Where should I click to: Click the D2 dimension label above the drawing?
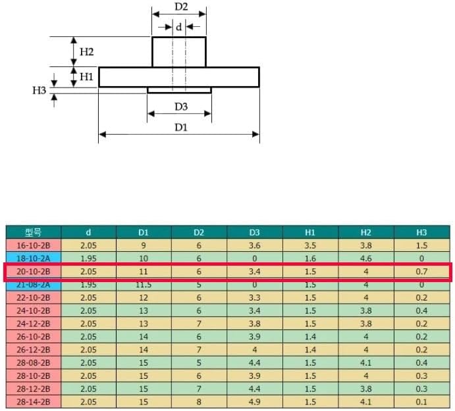(181, 7)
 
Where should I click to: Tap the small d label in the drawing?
(178, 27)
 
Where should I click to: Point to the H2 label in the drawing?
(86, 52)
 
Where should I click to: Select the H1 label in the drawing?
(86, 77)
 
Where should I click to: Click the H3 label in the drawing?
(39, 91)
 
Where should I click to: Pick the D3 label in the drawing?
(181, 107)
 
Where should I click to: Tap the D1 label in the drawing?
(181, 127)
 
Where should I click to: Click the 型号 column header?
(33, 232)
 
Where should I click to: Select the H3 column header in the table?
(421, 232)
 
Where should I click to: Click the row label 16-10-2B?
(34, 245)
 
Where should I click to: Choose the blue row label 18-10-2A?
(34, 258)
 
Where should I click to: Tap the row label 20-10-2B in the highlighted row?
(34, 272)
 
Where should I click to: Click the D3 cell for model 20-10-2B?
(254, 272)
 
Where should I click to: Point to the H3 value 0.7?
(421, 272)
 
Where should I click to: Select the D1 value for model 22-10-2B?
(144, 298)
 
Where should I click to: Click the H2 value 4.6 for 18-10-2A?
(366, 258)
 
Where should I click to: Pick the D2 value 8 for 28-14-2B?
(199, 402)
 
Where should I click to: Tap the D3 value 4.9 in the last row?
(254, 402)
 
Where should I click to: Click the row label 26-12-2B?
(34, 350)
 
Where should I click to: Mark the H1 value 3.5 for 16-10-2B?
(310, 245)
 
